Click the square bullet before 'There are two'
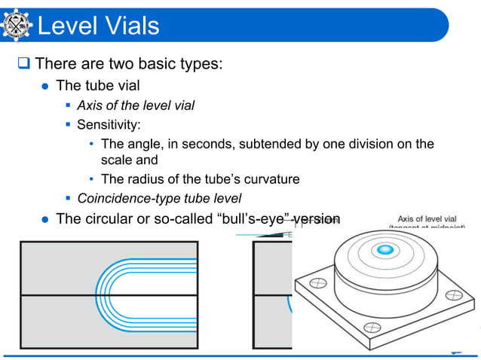pos(23,63)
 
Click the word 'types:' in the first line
pos(198,63)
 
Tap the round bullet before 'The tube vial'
pos(44,85)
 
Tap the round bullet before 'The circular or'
pos(44,219)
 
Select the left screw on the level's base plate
pos(317,285)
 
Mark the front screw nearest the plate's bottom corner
pos(370,328)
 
